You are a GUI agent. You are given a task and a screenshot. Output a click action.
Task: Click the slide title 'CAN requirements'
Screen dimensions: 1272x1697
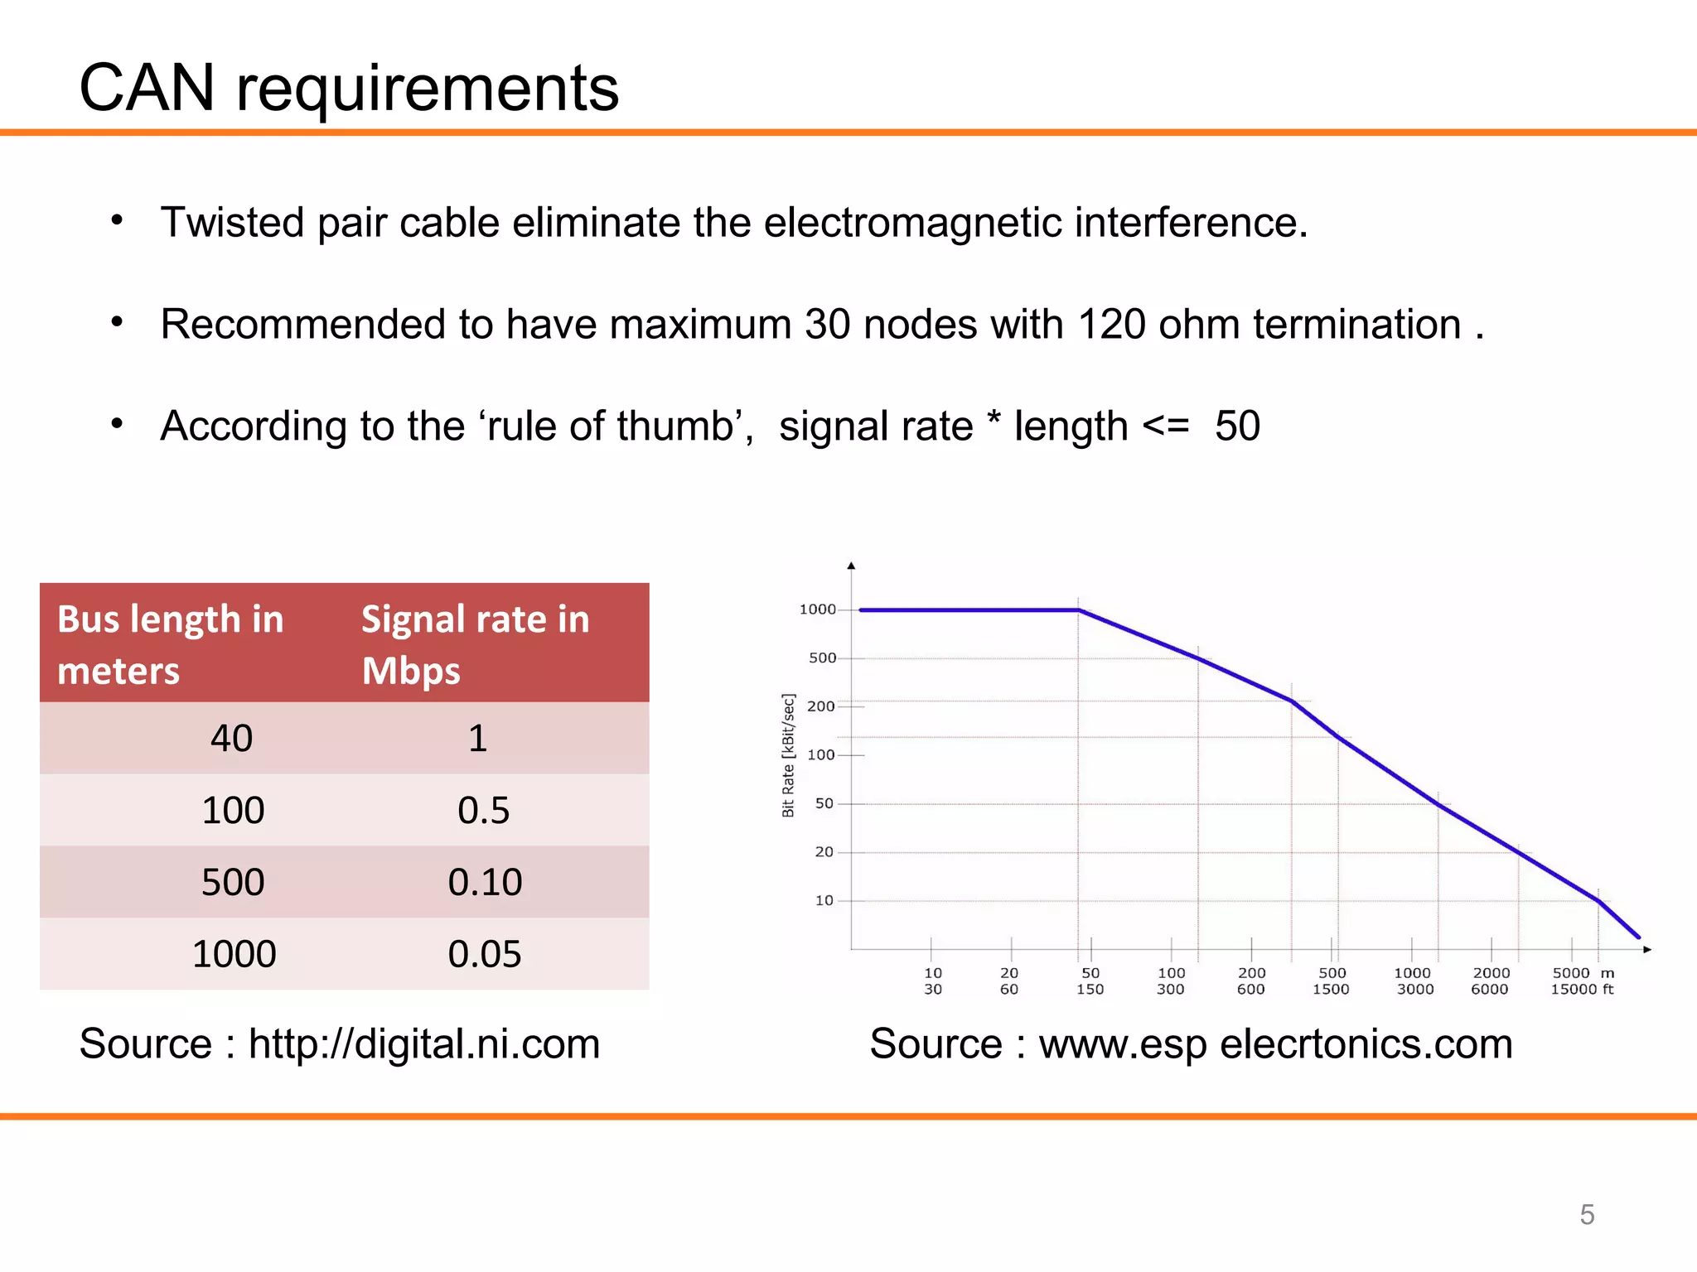[x=349, y=88]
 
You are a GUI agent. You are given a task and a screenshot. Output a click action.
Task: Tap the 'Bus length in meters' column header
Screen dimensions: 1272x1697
[x=171, y=643]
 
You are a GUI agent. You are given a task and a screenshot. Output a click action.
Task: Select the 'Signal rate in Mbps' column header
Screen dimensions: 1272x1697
[x=475, y=643]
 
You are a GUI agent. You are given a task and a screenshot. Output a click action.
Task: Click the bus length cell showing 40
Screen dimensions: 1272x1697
[x=231, y=738]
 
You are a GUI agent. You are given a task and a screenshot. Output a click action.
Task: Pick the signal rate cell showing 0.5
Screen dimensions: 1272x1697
[x=483, y=810]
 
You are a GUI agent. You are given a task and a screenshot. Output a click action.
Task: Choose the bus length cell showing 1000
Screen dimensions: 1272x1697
[x=234, y=954]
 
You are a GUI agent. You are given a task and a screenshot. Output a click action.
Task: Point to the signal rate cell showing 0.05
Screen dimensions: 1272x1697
[x=485, y=954]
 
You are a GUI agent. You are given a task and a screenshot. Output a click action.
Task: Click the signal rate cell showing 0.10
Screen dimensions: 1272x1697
[x=485, y=882]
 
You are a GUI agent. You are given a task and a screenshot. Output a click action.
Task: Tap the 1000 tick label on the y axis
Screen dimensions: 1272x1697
[x=817, y=609]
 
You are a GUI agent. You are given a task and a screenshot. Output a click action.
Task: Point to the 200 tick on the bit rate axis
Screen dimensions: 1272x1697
[x=820, y=706]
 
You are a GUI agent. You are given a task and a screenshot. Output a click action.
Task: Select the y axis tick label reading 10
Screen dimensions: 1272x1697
[x=824, y=900]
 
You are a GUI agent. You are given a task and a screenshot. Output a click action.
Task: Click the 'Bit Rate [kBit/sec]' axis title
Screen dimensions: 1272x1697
[x=788, y=755]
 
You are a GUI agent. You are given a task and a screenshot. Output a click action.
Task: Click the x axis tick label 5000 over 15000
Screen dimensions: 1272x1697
[x=1572, y=980]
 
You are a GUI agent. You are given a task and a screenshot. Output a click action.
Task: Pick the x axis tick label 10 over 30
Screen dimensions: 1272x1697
[x=933, y=980]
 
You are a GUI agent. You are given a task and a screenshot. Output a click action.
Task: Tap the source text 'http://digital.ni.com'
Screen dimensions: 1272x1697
[x=424, y=1043]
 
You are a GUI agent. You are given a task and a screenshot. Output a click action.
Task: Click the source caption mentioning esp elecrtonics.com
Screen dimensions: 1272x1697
[x=1191, y=1043]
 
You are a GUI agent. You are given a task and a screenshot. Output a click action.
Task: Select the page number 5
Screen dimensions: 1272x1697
[x=1587, y=1215]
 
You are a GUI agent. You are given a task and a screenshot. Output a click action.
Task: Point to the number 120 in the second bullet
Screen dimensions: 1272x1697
[x=1111, y=324]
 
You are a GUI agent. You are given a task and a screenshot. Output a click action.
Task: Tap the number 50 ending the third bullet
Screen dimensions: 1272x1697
[x=1237, y=426]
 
